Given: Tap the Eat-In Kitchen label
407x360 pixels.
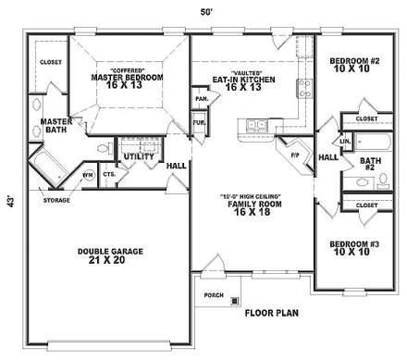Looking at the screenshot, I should (x=244, y=79).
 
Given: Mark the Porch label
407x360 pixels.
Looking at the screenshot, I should (x=212, y=295).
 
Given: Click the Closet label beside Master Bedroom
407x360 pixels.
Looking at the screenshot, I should (x=50, y=63).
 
